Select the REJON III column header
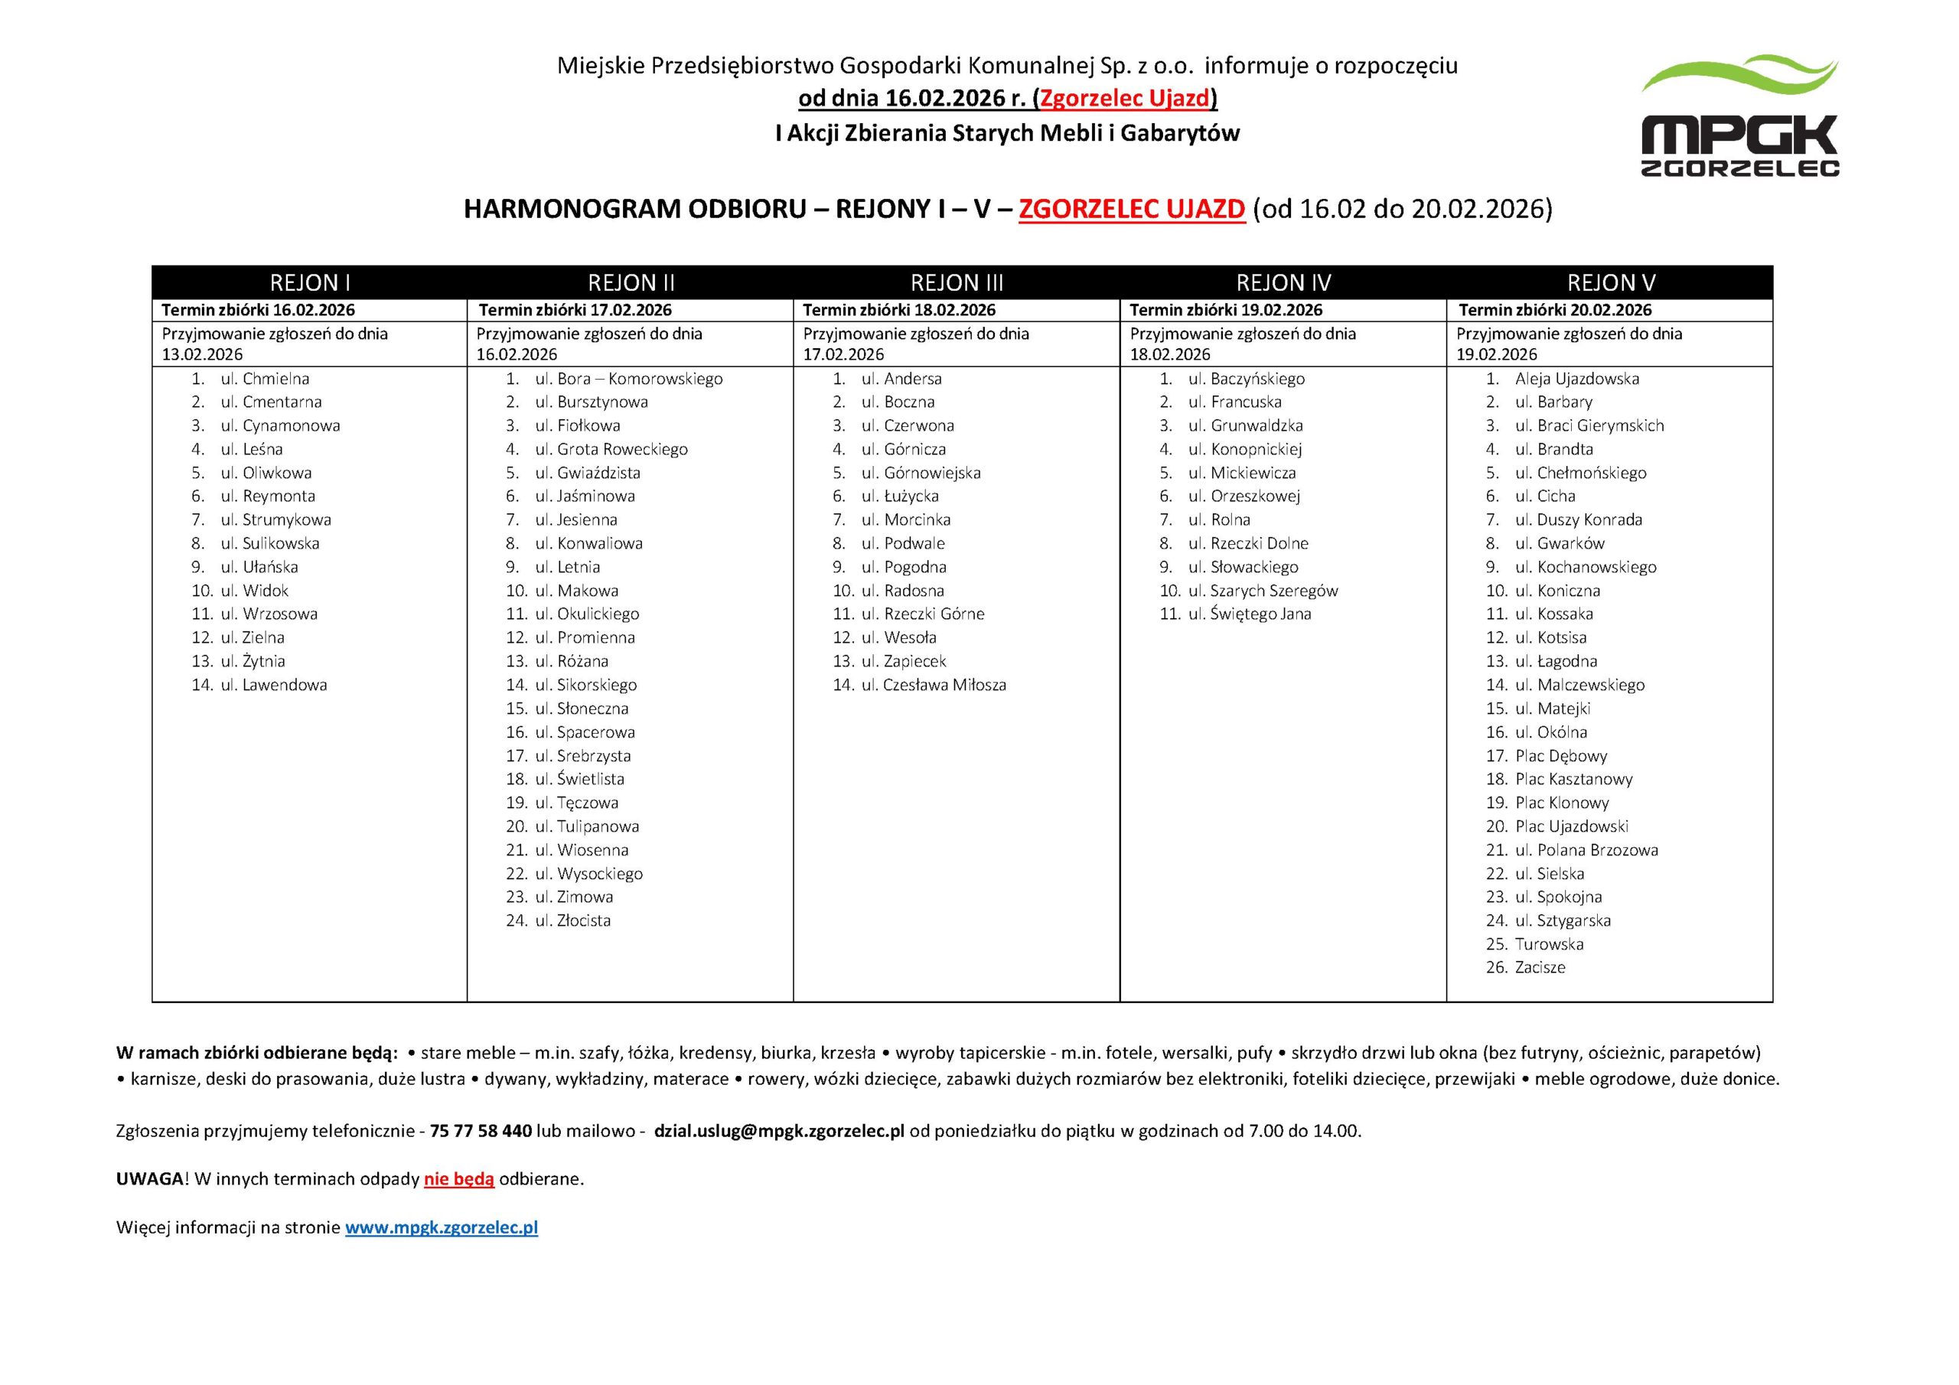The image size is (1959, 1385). coord(957,282)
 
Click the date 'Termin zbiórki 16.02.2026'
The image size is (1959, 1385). coord(259,310)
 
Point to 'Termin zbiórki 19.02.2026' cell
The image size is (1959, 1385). coord(1226,310)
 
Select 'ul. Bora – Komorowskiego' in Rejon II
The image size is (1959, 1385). coord(629,379)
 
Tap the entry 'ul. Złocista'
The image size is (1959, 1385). coord(572,920)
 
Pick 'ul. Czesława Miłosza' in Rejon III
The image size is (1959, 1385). coord(934,684)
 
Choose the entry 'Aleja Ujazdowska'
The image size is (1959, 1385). coord(1576,379)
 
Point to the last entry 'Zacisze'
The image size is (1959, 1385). coord(1540,967)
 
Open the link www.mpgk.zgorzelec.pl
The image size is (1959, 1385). coord(441,1227)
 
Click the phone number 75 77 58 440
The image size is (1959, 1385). coord(481,1131)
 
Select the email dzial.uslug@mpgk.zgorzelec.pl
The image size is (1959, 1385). coord(779,1131)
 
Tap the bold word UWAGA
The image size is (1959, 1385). coord(149,1178)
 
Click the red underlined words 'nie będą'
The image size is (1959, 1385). coord(459,1178)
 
